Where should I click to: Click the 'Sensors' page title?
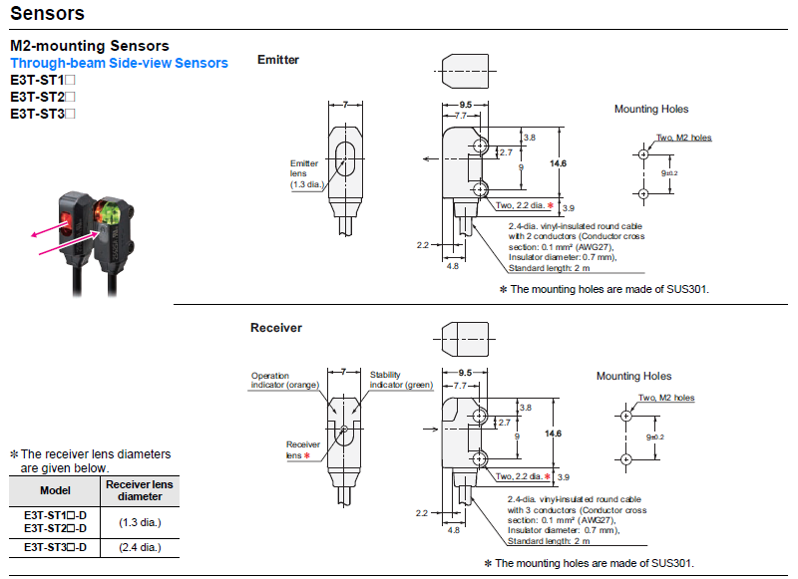coord(47,14)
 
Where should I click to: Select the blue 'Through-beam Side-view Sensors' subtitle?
coord(119,63)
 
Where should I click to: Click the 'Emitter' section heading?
coord(278,60)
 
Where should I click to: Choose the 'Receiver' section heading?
coord(276,328)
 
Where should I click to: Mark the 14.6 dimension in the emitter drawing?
coord(557,163)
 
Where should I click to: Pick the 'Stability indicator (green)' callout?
coord(399,380)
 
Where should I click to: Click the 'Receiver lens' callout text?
coord(302,449)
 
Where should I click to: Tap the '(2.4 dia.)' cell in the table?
coord(126,547)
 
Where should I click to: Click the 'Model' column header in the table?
coord(54,490)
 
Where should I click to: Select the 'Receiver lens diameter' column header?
coord(139,490)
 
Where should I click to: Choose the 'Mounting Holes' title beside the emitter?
coord(650,110)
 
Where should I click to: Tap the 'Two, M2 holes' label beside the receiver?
coord(666,398)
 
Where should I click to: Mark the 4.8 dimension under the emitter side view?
coord(453,266)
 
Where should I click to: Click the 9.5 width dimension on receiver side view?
coord(465,372)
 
